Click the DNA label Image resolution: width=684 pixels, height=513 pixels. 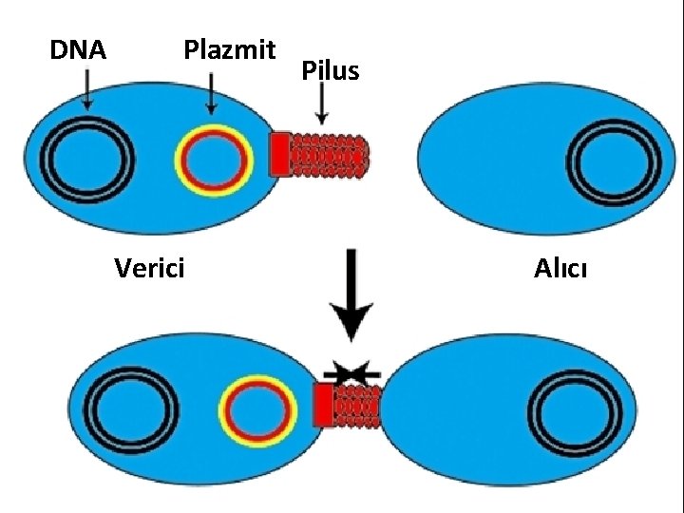[x=78, y=50]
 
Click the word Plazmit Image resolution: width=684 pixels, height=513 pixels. [x=229, y=49]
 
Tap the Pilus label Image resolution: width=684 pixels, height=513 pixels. [x=330, y=70]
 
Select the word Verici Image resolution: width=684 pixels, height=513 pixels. [x=149, y=269]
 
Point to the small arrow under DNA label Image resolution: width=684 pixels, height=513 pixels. [x=86, y=93]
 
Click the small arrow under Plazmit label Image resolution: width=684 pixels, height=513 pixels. [x=210, y=94]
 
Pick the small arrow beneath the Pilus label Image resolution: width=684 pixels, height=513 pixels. [x=323, y=104]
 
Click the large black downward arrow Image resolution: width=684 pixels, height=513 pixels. [x=351, y=294]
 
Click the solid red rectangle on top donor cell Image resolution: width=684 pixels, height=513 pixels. [x=279, y=154]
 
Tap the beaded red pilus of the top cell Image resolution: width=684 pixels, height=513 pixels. [x=328, y=154]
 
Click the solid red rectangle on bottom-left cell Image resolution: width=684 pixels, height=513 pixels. [x=324, y=405]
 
